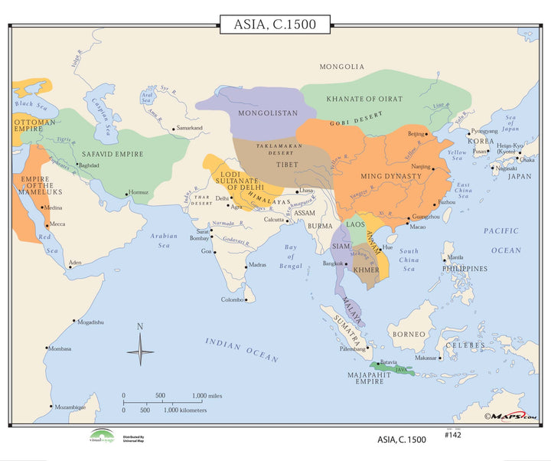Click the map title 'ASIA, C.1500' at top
point(275,25)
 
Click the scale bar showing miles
point(172,401)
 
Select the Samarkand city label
point(189,128)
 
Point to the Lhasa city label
point(306,190)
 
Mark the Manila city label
point(455,257)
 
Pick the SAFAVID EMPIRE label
point(112,154)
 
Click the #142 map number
point(454,434)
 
